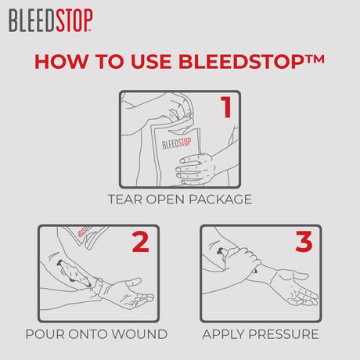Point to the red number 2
(x=140, y=242)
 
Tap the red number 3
(x=303, y=242)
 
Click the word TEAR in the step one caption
(x=126, y=199)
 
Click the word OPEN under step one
(x=167, y=199)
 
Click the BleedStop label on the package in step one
(x=176, y=143)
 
